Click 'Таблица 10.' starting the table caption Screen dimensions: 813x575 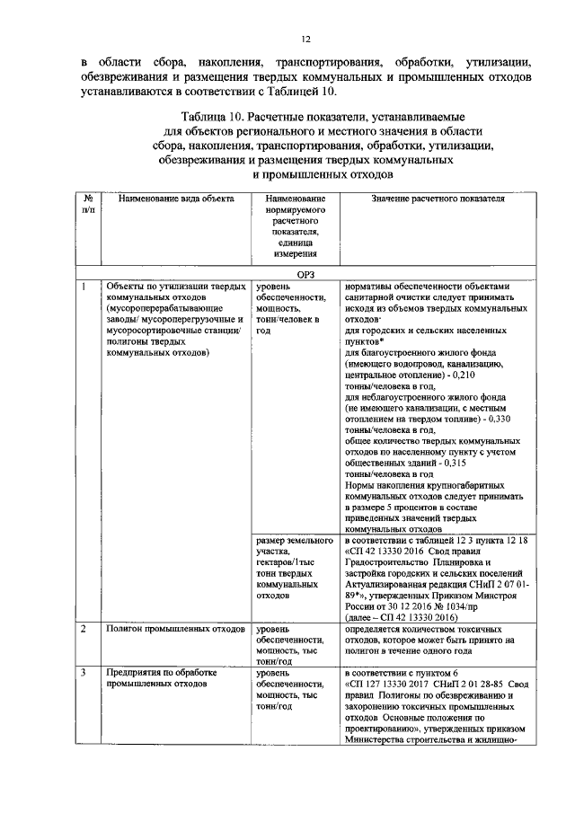[212, 118]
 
